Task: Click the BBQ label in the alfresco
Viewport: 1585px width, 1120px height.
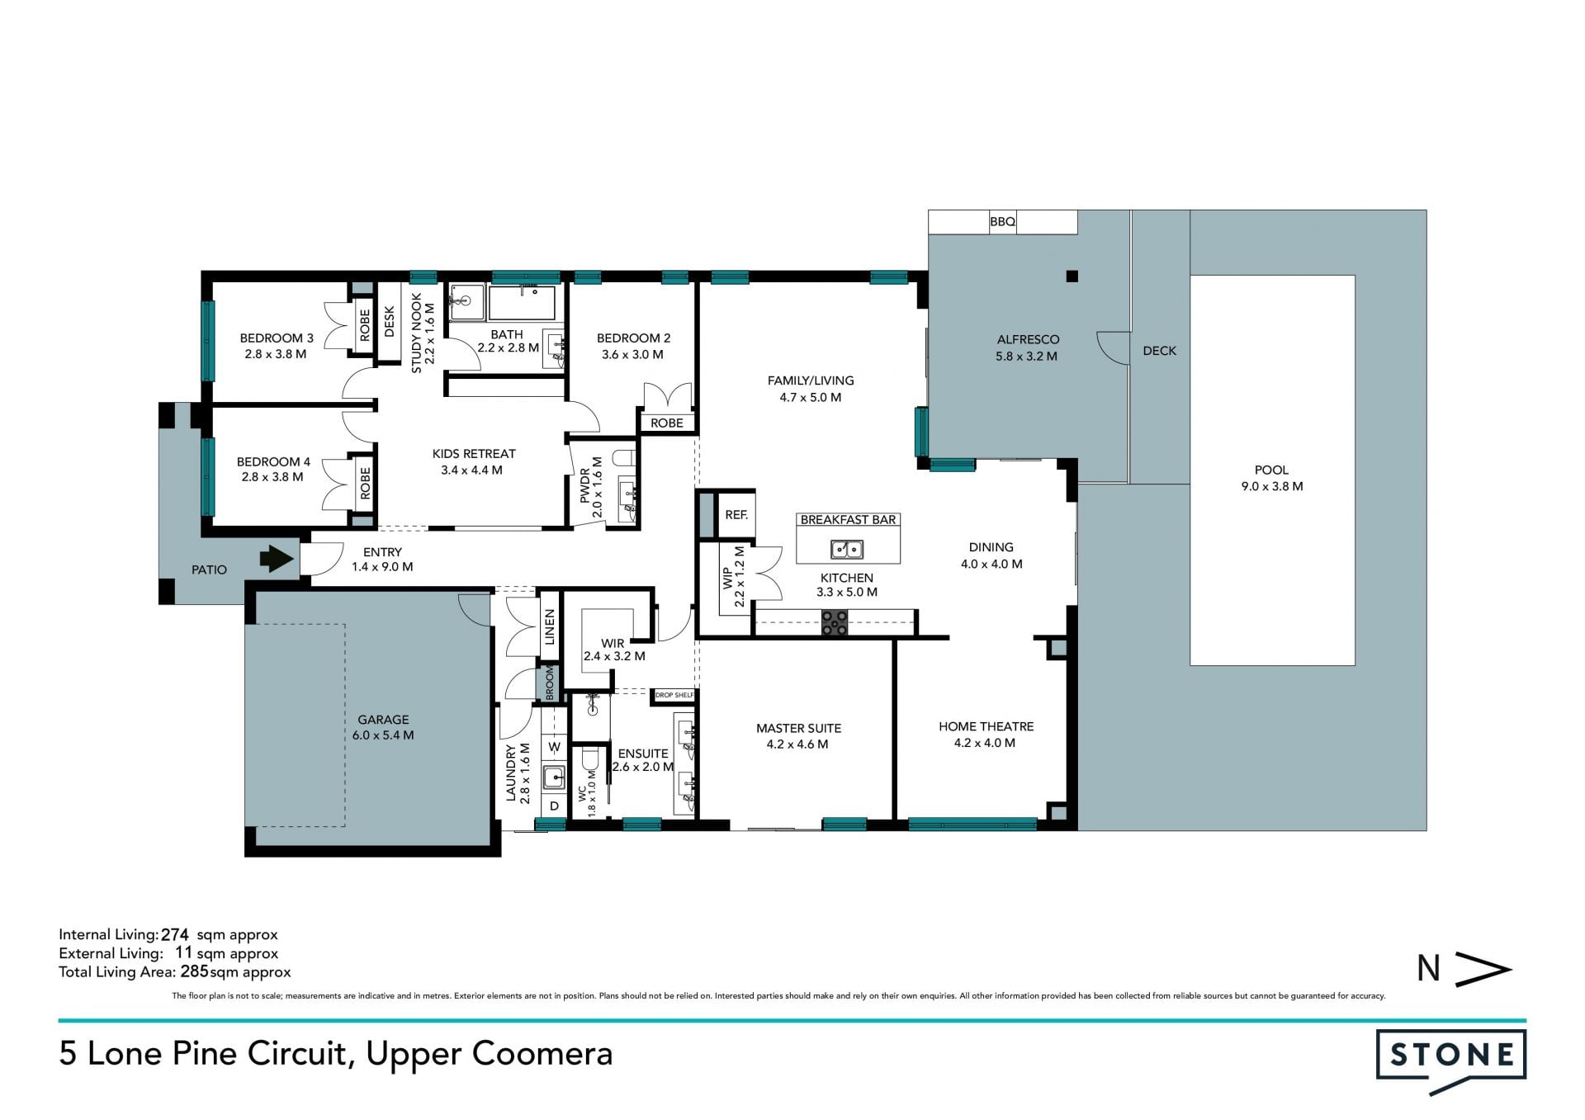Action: click(x=1002, y=222)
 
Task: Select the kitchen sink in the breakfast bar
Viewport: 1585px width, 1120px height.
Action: click(x=847, y=549)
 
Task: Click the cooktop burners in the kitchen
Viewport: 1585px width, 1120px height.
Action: click(x=835, y=622)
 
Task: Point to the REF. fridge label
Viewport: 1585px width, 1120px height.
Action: click(x=736, y=514)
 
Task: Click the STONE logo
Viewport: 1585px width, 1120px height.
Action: click(x=1451, y=1061)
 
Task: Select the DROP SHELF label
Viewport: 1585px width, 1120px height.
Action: click(x=674, y=695)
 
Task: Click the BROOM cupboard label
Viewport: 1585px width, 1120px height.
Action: click(x=549, y=683)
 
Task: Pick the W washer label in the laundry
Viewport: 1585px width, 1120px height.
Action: click(x=555, y=747)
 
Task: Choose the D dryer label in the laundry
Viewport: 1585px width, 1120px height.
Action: click(x=555, y=806)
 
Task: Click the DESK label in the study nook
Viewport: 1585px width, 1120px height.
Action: click(x=390, y=322)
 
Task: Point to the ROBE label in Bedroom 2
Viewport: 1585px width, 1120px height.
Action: click(x=667, y=423)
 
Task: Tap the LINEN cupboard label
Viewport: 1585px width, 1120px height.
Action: click(x=550, y=627)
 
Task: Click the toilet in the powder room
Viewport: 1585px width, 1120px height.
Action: click(x=623, y=458)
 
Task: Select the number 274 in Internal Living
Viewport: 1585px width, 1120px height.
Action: click(x=175, y=935)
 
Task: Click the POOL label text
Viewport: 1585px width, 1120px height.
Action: click(x=1271, y=470)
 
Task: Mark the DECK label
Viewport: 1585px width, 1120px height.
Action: click(x=1159, y=351)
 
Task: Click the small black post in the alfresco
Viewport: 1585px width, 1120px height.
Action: click(x=1072, y=276)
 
